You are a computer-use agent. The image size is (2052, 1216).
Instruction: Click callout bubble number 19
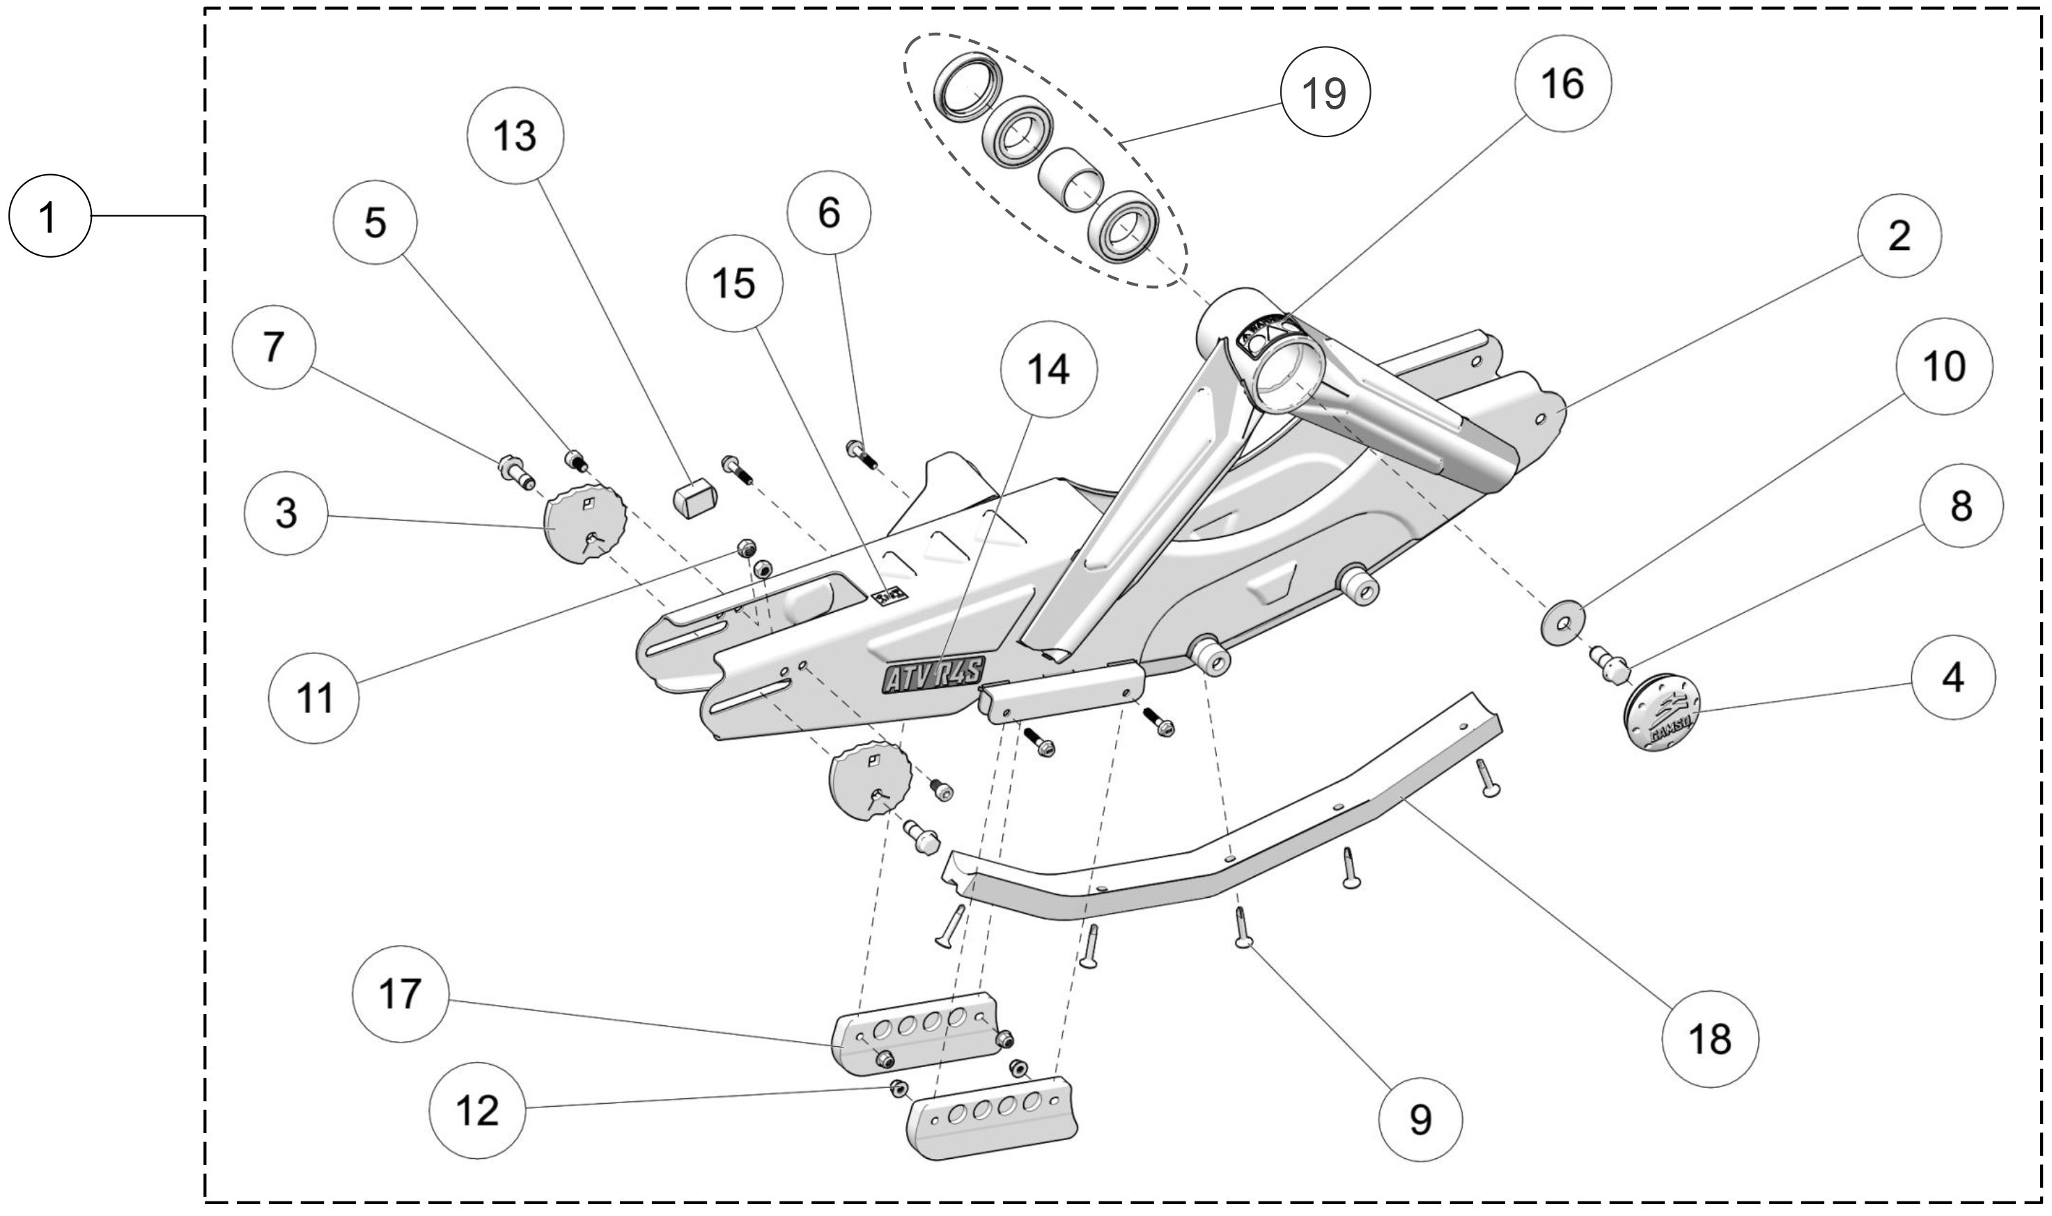(1324, 92)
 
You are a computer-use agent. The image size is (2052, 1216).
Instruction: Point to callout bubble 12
(477, 1110)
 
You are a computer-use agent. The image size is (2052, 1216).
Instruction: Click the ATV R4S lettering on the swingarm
(933, 677)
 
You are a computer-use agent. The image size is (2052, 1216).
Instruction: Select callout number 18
(1709, 1039)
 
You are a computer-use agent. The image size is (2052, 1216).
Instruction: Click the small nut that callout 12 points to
(898, 1088)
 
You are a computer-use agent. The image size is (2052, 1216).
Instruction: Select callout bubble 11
(314, 698)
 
